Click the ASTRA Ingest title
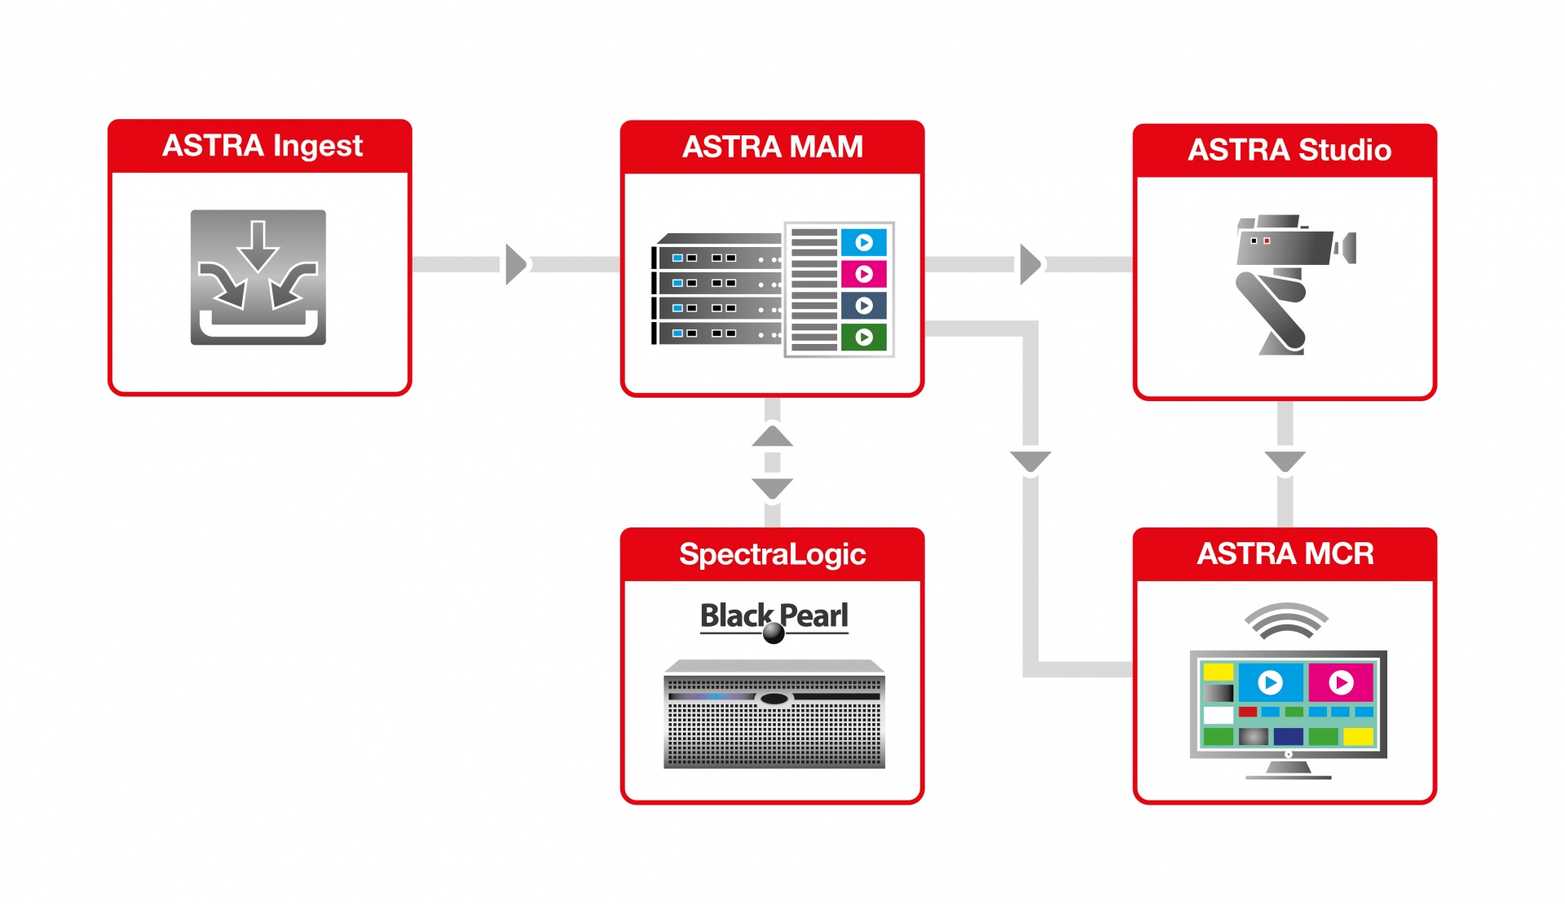click(x=262, y=146)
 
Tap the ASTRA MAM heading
click(x=773, y=147)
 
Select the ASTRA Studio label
click(x=1289, y=150)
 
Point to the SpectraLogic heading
click(x=773, y=555)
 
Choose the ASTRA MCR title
click(x=1285, y=554)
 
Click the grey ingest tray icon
click(x=258, y=277)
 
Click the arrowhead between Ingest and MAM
click(x=516, y=264)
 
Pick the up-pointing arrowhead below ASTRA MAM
click(x=773, y=437)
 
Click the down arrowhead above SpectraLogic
click(x=773, y=488)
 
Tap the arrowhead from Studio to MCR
click(x=1285, y=461)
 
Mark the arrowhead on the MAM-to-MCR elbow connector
click(x=1030, y=461)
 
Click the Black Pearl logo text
click(x=774, y=616)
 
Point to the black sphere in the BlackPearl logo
click(x=774, y=633)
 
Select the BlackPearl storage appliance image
click(x=774, y=714)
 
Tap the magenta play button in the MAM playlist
click(x=864, y=274)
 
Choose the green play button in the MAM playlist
click(x=864, y=337)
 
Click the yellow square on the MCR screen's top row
click(x=1219, y=672)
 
